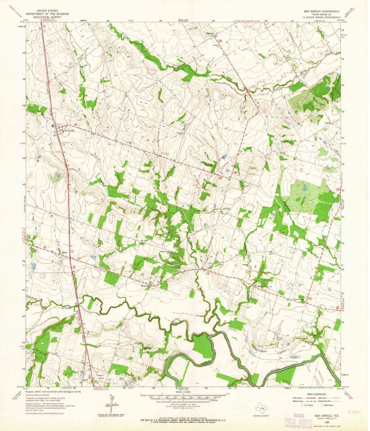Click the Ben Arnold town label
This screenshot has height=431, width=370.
tap(70, 130)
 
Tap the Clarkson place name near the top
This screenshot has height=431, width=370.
tap(210, 33)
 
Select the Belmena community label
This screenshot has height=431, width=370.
tap(262, 285)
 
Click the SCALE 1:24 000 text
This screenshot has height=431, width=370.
tap(185, 392)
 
